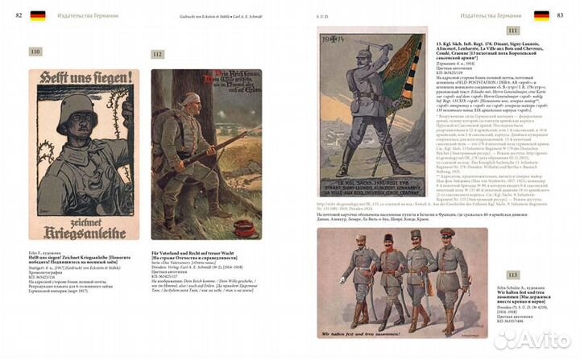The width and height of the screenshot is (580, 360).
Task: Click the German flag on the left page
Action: (x=38, y=15)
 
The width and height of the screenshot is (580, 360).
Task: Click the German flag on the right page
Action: (x=542, y=15)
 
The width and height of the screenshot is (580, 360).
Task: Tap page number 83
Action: (x=566, y=15)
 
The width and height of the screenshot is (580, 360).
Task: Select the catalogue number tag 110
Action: (x=35, y=52)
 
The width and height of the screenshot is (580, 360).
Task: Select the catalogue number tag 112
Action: (x=157, y=54)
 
